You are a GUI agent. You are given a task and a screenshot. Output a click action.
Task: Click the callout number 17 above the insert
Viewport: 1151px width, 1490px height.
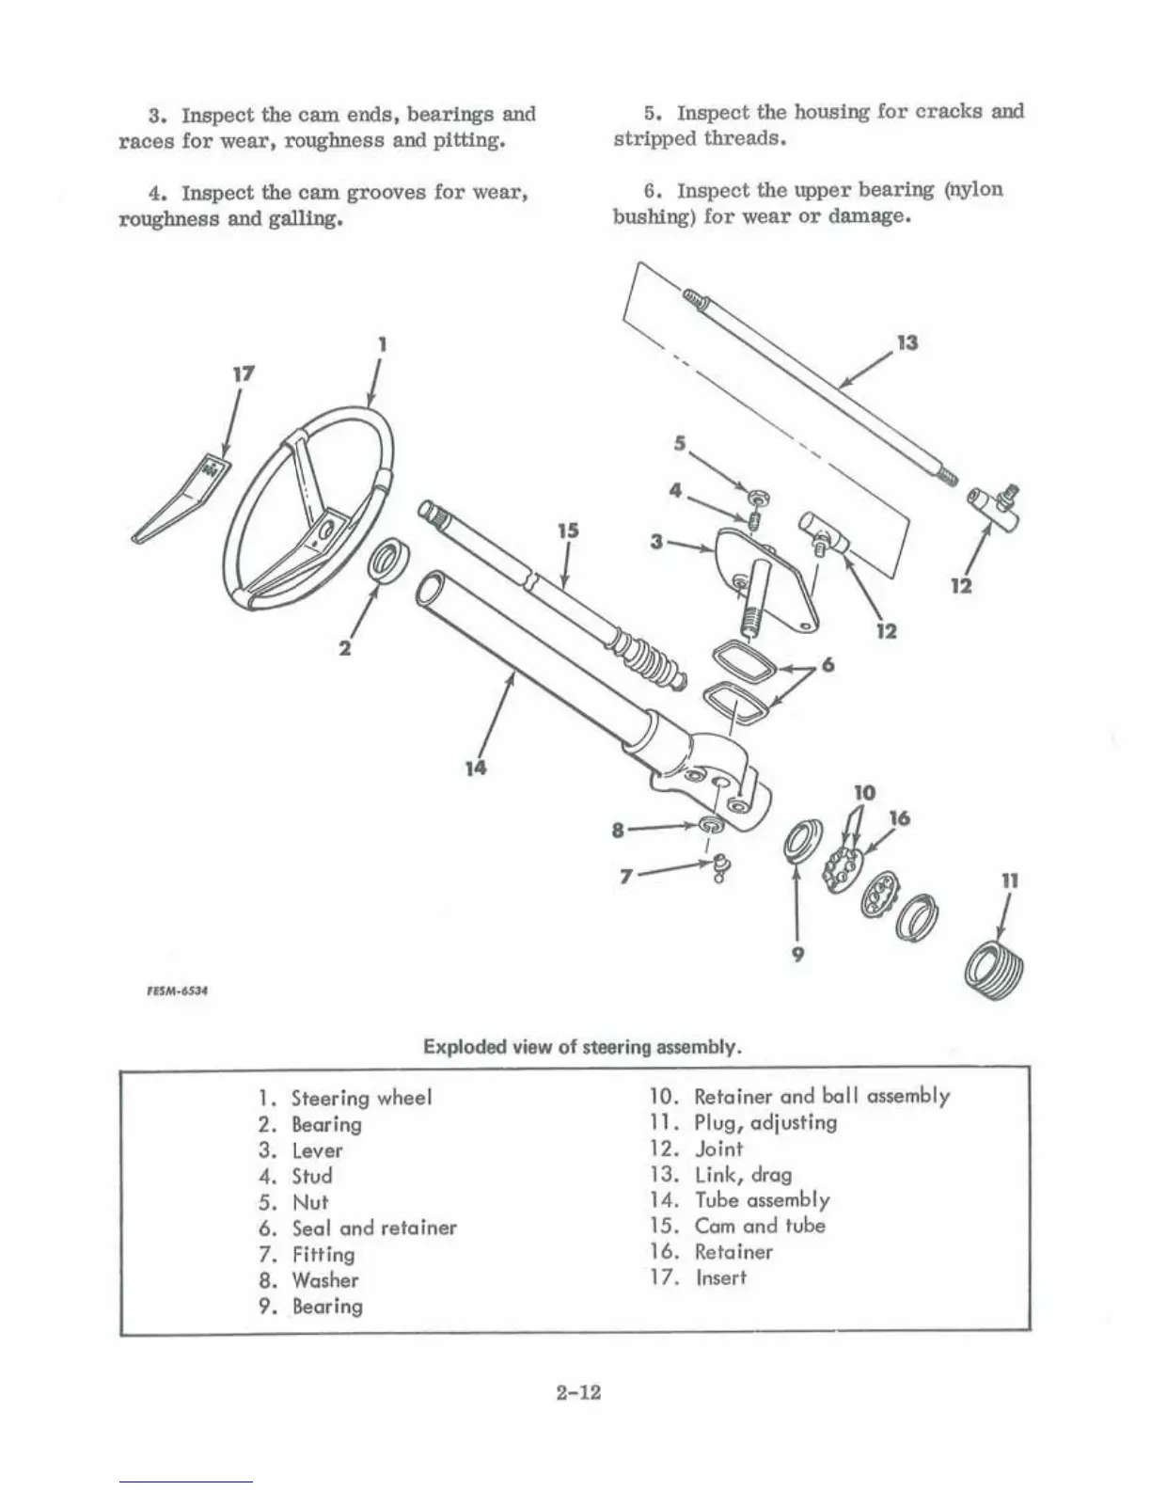243,373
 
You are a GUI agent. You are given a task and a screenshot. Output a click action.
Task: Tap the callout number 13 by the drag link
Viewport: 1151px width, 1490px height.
907,342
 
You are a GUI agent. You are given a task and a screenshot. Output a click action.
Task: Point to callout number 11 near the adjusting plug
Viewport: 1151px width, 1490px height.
1010,881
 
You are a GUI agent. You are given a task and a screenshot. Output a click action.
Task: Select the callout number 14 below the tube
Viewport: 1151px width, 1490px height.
476,768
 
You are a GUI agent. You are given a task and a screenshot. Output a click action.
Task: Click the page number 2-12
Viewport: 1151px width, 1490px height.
577,1392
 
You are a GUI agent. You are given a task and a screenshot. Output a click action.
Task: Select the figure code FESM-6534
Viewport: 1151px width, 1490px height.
174,990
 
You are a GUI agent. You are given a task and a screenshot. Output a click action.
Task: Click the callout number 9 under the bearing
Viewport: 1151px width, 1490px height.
796,954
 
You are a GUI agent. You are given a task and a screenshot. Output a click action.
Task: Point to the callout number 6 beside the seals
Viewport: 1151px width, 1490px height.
828,664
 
